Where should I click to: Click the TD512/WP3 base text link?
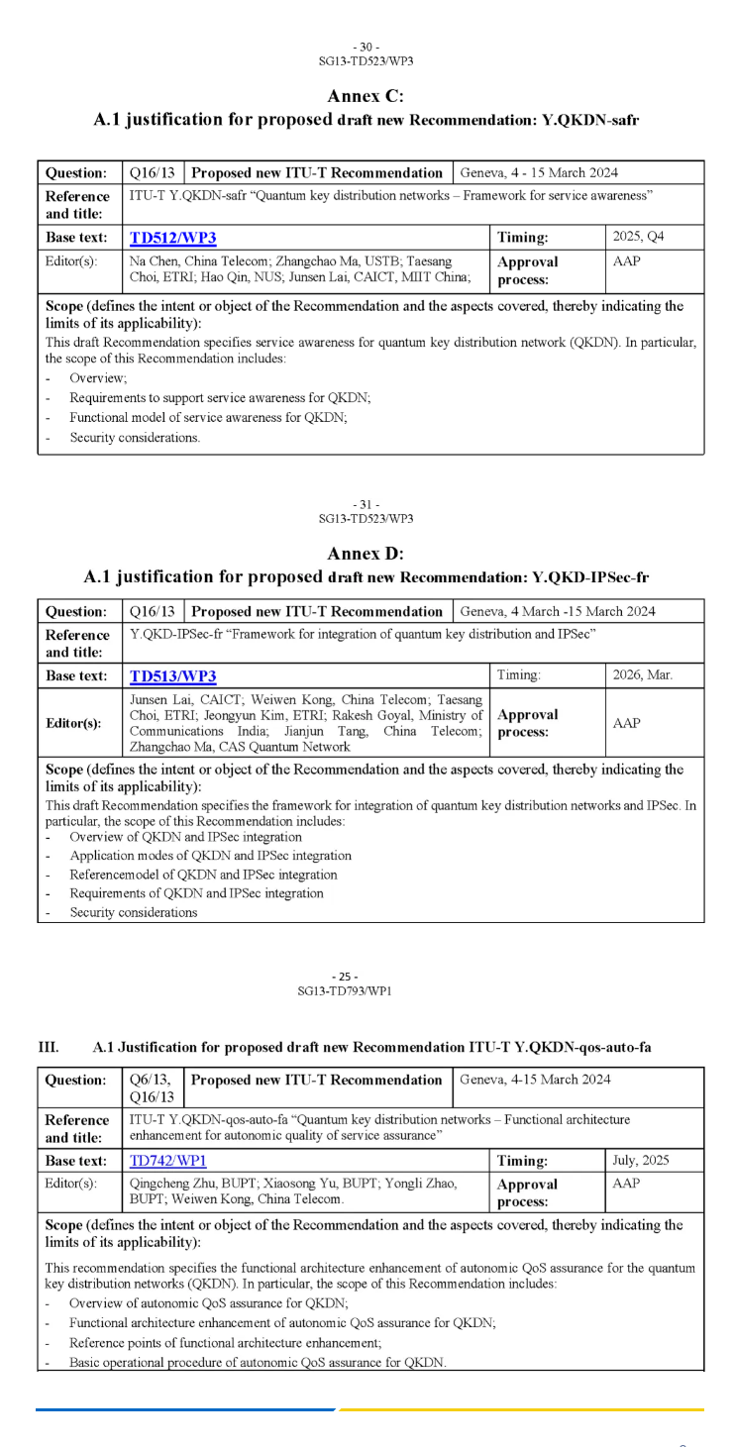point(173,239)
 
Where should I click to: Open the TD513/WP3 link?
point(173,677)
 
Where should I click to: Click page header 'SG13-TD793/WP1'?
point(366,990)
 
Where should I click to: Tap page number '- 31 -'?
point(366,505)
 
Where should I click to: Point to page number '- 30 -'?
point(366,48)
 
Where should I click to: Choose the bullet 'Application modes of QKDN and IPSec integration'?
point(210,856)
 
